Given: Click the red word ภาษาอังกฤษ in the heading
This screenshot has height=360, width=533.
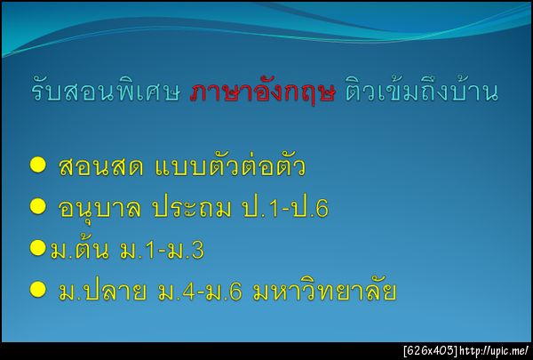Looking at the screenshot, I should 262,93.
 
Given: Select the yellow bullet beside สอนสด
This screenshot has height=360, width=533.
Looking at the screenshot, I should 37,164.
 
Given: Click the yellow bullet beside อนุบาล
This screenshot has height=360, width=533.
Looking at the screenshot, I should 37,206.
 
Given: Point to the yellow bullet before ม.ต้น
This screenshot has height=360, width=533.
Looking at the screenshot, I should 37,248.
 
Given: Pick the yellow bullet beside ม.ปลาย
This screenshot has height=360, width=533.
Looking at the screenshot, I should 37,289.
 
